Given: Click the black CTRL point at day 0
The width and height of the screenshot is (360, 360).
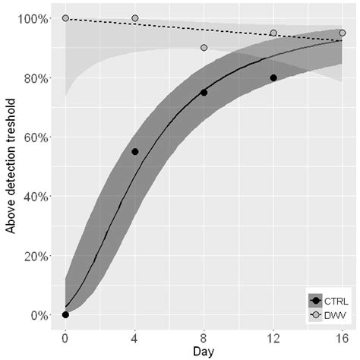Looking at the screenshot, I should click(65, 314).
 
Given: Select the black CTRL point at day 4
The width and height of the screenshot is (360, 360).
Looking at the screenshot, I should click(134, 151).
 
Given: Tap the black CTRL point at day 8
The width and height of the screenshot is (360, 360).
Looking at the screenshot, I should click(204, 93).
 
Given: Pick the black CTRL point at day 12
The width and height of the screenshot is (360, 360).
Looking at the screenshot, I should click(273, 77).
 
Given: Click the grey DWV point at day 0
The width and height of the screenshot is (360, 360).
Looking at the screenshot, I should click(65, 18).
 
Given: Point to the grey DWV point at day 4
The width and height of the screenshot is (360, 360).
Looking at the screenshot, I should click(134, 18).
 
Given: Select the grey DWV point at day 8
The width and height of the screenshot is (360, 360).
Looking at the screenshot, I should click(204, 48).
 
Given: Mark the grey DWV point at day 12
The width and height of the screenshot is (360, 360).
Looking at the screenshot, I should click(273, 33).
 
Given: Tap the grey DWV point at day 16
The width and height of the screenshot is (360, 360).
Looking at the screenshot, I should click(343, 33).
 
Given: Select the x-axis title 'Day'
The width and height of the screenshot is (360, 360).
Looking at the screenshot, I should click(203, 352).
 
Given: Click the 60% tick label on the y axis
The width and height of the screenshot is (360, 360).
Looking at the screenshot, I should click(35, 137).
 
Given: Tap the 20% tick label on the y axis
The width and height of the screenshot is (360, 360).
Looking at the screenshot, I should click(35, 255).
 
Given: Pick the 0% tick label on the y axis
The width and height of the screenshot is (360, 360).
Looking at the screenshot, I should click(38, 314).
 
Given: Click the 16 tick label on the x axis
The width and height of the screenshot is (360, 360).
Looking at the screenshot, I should click(342, 336).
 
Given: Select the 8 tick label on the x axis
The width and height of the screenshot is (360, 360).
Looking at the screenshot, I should click(204, 336).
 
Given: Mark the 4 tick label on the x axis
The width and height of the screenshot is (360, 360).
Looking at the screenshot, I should click(134, 336).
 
